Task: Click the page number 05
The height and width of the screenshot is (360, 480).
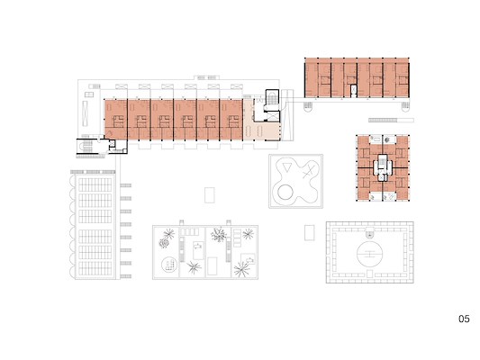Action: [464, 319]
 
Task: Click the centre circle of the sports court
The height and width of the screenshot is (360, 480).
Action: [370, 254]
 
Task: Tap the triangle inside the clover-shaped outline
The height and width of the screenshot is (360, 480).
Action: [287, 167]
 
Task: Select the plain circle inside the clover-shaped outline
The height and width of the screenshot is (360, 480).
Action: [285, 192]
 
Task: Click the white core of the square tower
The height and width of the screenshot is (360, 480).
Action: [383, 168]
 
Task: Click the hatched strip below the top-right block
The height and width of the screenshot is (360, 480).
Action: [391, 121]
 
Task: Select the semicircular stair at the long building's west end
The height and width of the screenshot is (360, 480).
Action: [83, 148]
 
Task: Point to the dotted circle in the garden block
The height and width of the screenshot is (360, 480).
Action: [169, 265]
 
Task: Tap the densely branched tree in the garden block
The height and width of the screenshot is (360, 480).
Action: [219, 235]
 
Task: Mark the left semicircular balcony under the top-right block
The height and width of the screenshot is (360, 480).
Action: [308, 107]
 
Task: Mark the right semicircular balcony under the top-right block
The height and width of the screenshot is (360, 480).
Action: [405, 107]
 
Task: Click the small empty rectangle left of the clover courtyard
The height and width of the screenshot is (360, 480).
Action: [210, 195]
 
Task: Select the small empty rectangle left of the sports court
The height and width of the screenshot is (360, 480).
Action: [310, 233]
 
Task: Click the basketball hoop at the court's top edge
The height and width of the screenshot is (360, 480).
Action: [370, 233]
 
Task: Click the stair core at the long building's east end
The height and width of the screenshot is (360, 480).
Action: [272, 105]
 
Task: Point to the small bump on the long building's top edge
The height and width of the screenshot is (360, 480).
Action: [206, 77]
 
